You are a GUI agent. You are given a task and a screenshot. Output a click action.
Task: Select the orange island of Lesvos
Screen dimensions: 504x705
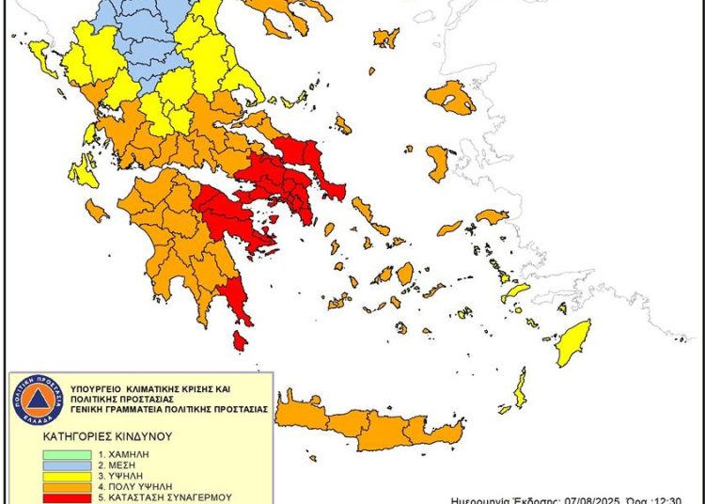451,97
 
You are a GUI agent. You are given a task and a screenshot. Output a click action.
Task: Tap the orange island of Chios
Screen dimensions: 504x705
438,162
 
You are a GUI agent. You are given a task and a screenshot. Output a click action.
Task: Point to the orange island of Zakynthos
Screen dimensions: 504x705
96,210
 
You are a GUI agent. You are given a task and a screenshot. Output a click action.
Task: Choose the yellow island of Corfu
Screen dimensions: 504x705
41,60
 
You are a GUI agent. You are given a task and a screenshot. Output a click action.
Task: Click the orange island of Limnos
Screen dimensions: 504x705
386,39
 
